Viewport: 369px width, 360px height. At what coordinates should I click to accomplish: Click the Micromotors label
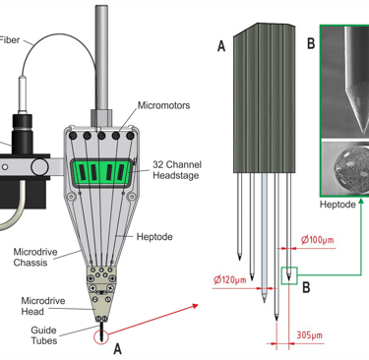pos(163,105)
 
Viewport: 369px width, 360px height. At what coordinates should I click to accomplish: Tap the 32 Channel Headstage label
pos(177,170)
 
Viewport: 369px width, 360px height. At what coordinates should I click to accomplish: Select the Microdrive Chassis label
pos(35,257)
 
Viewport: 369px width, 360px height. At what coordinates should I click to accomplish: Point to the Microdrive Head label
pos(43,306)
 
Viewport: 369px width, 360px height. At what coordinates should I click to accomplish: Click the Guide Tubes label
pos(44,335)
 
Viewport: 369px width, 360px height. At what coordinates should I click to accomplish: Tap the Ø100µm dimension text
pos(318,240)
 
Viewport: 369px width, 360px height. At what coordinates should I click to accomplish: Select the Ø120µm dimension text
pos(229,280)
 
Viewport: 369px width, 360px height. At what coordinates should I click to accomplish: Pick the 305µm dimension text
pos(309,335)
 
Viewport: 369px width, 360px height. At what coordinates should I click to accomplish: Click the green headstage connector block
pos(102,172)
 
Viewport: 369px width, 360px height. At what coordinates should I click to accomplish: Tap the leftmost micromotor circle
pos(73,136)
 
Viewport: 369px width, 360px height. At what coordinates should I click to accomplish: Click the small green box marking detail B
pos(289,275)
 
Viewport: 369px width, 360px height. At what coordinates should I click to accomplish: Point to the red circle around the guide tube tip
pos(101,337)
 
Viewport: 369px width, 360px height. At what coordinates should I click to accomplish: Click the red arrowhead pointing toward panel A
pos(196,306)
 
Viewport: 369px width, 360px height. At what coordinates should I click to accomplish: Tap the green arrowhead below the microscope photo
pos(361,201)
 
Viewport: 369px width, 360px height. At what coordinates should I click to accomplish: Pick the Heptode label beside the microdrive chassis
pos(154,237)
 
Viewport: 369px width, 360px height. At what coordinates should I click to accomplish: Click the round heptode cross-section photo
pos(351,169)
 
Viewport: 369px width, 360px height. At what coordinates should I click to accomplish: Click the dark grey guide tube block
pos(264,97)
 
